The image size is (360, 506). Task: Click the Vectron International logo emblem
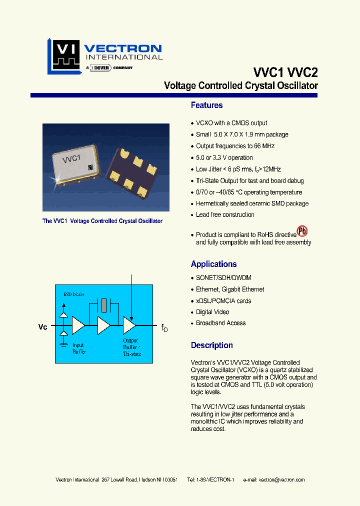point(64,56)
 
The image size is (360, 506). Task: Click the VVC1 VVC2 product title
point(285,72)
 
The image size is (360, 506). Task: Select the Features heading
point(206,105)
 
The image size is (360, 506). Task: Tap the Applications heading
point(213,264)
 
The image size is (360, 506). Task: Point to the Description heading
point(211,345)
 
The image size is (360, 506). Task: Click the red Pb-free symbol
point(302,231)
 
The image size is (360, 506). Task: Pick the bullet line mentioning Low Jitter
point(238,169)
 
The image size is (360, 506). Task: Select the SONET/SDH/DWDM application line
point(223,277)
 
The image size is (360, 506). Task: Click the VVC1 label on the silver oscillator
point(71,159)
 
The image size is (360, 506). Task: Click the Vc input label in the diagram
point(43,327)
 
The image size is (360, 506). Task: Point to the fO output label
point(164,328)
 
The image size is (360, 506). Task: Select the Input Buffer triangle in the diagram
point(78,325)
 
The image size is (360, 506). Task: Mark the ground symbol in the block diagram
point(63,344)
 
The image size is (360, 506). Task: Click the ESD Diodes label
point(74,294)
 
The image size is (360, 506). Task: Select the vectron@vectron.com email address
point(281,480)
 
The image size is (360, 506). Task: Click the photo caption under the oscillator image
point(102,221)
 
